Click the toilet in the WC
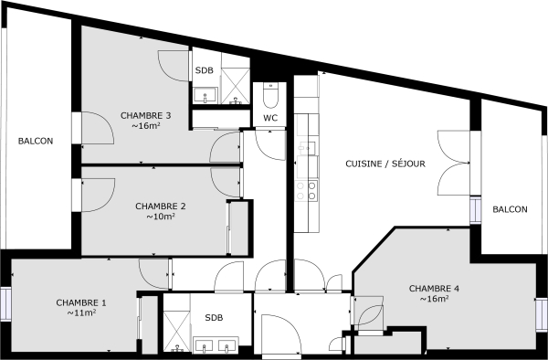tap(270, 96)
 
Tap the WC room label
tap(270, 118)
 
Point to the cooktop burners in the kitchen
tap(311, 190)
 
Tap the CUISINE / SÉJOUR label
tap(385, 164)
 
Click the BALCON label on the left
tap(36, 141)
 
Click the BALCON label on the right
tap(510, 209)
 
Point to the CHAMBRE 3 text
tap(146, 115)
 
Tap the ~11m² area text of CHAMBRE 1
tap(81, 312)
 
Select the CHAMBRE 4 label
tap(434, 288)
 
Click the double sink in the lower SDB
tap(216, 345)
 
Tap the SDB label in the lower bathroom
tap(213, 318)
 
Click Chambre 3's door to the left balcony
tap(87, 128)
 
